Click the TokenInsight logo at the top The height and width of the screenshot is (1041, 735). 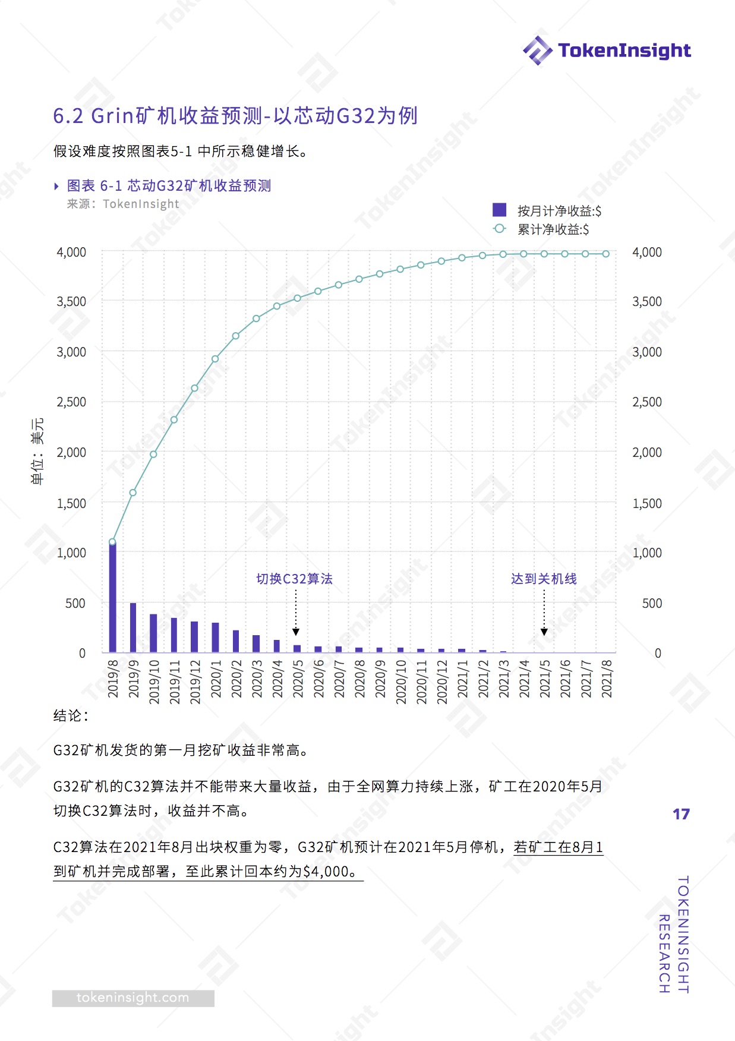point(607,51)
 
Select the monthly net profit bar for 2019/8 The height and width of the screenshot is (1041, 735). point(112,597)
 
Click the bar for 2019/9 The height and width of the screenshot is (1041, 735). point(133,627)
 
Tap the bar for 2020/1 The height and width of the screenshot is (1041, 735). point(215,637)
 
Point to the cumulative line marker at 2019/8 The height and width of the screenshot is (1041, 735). point(112,542)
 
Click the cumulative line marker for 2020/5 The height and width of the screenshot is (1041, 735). point(297,298)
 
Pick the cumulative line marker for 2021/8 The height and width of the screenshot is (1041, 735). point(606,254)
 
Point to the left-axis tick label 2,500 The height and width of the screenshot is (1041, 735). point(71,402)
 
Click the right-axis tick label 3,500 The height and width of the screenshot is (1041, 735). point(647,302)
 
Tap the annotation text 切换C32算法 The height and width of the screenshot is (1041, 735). point(294,579)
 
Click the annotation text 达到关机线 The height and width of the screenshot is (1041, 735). point(544,579)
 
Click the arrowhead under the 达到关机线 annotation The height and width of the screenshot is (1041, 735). point(544,632)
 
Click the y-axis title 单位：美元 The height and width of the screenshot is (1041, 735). point(37,451)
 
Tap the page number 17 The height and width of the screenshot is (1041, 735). point(681,814)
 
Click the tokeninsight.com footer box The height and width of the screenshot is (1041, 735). point(133,998)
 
